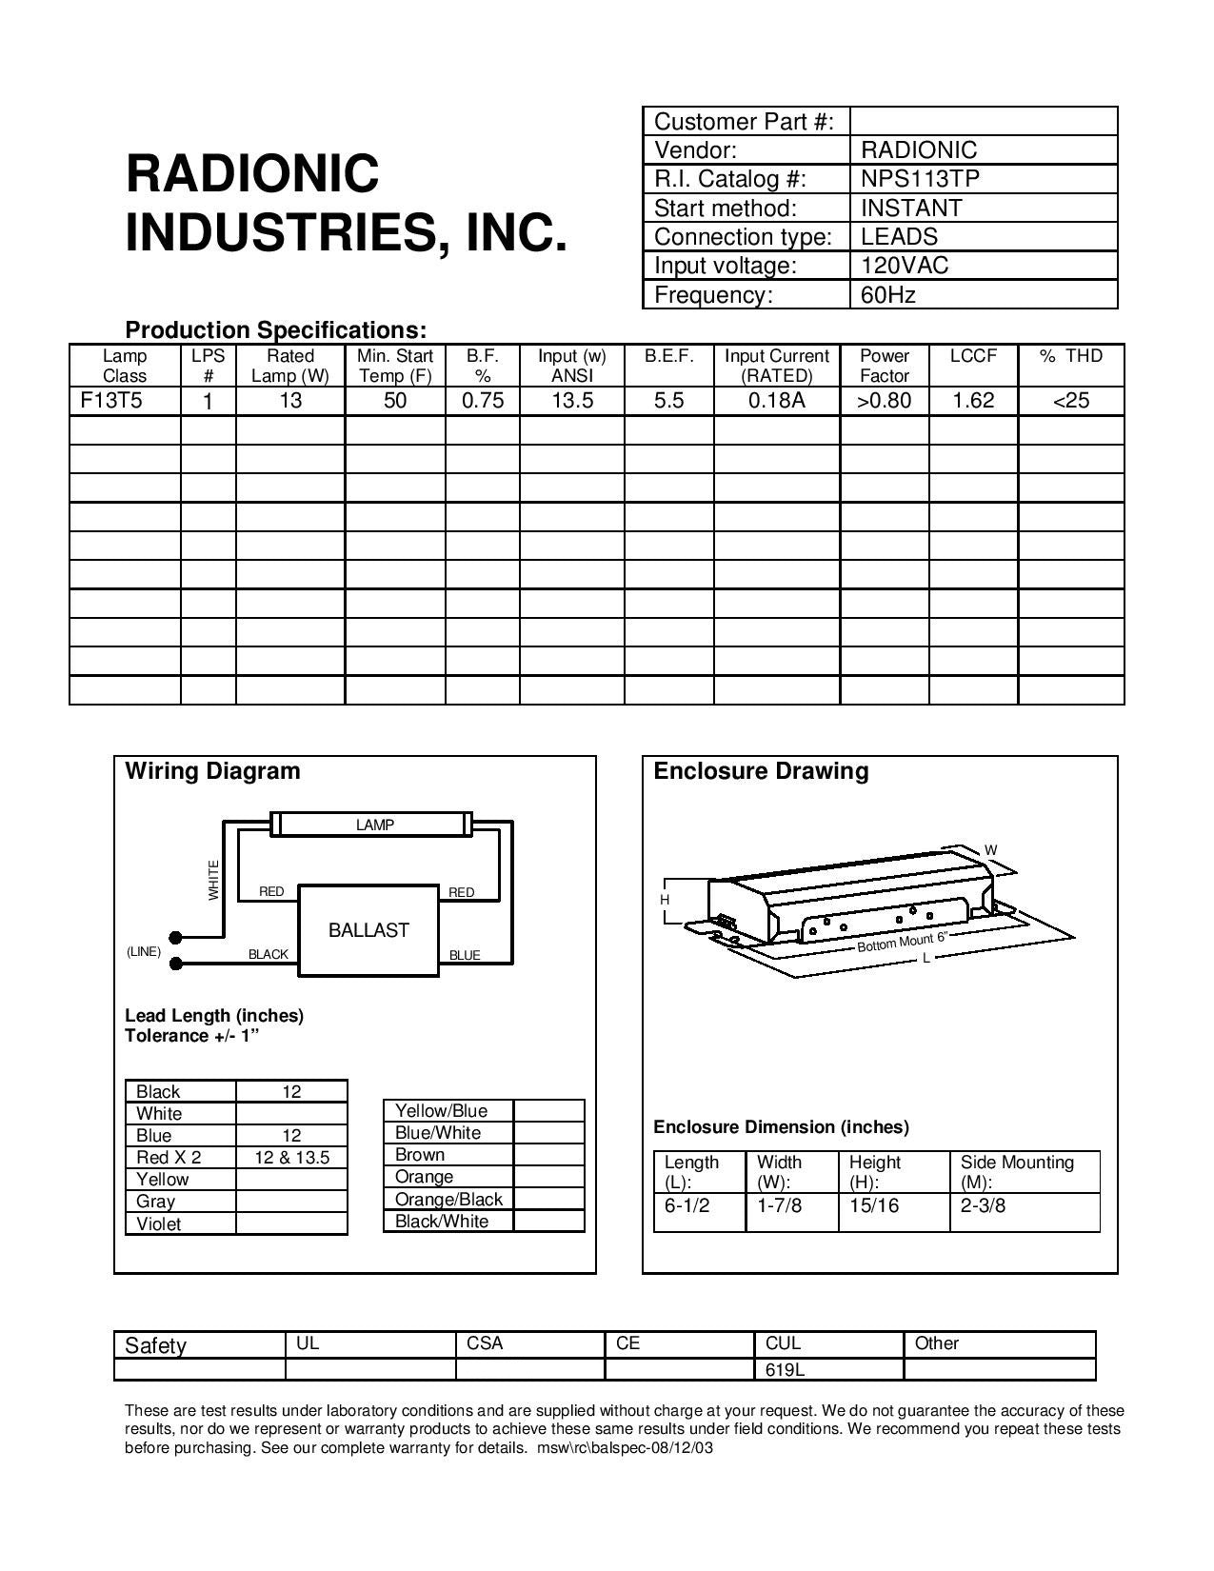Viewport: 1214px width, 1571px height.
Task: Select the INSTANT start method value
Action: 911,208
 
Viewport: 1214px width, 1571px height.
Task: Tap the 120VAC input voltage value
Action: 905,266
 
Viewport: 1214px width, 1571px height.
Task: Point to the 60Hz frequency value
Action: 887,295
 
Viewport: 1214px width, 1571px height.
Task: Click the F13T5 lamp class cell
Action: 111,400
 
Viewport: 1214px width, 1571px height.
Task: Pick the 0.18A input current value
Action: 776,401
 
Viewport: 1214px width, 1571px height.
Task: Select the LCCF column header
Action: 973,356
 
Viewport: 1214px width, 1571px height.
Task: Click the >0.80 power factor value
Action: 884,401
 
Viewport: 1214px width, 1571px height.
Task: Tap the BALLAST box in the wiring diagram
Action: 368,930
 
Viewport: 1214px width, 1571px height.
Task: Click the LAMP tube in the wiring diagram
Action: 375,825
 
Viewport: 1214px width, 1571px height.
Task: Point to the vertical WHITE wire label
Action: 213,879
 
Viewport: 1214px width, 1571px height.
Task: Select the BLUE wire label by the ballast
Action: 465,955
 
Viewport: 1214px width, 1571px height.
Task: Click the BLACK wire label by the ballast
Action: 269,954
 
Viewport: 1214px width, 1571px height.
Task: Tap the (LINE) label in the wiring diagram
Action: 144,951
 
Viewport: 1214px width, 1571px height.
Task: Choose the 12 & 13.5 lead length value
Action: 291,1158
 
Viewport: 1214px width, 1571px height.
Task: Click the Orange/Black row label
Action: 448,1200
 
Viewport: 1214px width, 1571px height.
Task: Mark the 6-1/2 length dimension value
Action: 687,1205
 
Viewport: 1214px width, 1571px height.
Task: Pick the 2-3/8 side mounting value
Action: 983,1205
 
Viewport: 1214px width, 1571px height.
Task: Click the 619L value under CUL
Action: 786,1370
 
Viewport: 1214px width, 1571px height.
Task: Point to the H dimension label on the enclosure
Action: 666,900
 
